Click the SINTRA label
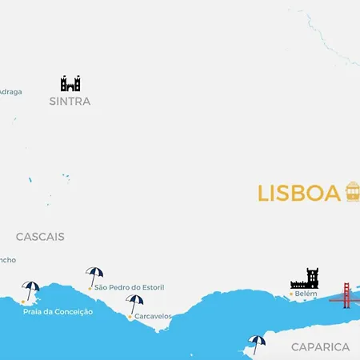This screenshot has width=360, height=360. (x=70, y=102)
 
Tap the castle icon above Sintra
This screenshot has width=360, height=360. (x=70, y=83)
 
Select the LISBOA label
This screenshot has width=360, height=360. (x=298, y=194)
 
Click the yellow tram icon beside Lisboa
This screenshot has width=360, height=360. (x=352, y=191)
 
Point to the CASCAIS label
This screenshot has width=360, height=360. (x=40, y=237)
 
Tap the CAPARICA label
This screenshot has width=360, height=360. (x=320, y=347)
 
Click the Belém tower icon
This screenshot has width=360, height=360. (x=305, y=278)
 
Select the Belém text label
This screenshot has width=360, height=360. (x=306, y=294)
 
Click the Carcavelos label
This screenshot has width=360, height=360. (x=153, y=316)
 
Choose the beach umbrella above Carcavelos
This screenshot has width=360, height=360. (x=134, y=303)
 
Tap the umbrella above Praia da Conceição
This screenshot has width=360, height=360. (x=31, y=290)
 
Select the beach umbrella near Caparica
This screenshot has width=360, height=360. (x=257, y=343)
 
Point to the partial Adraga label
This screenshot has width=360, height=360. (x=10, y=92)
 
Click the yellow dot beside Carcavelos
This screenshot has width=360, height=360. (x=130, y=317)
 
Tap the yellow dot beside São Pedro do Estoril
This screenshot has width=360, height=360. (x=90, y=287)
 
